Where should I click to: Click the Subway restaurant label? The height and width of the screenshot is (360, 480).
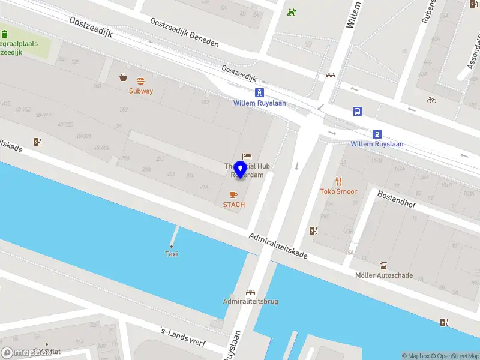pyautogui.click(x=141, y=91)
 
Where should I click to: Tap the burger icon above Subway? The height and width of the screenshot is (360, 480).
pyautogui.click(x=141, y=81)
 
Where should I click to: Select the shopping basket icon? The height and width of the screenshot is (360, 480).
pyautogui.click(x=124, y=77)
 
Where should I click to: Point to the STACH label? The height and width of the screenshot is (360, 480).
pyautogui.click(x=234, y=205)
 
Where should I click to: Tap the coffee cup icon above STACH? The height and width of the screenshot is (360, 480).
pyautogui.click(x=234, y=194)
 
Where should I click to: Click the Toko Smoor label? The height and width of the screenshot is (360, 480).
pyautogui.click(x=338, y=191)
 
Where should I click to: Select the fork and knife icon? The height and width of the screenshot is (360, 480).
pyautogui.click(x=338, y=181)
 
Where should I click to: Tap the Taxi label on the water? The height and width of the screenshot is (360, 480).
pyautogui.click(x=172, y=254)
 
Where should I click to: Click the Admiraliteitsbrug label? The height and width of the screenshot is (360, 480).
pyautogui.click(x=250, y=301)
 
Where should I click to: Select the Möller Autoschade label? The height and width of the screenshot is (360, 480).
pyautogui.click(x=384, y=275)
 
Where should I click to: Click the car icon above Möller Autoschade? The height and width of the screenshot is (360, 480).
pyautogui.click(x=383, y=265)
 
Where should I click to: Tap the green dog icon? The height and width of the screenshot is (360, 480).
pyautogui.click(x=292, y=12)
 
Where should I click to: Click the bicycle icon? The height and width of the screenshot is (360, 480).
pyautogui.click(x=431, y=100)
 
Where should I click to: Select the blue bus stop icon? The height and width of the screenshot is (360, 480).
pyautogui.click(x=357, y=110)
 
